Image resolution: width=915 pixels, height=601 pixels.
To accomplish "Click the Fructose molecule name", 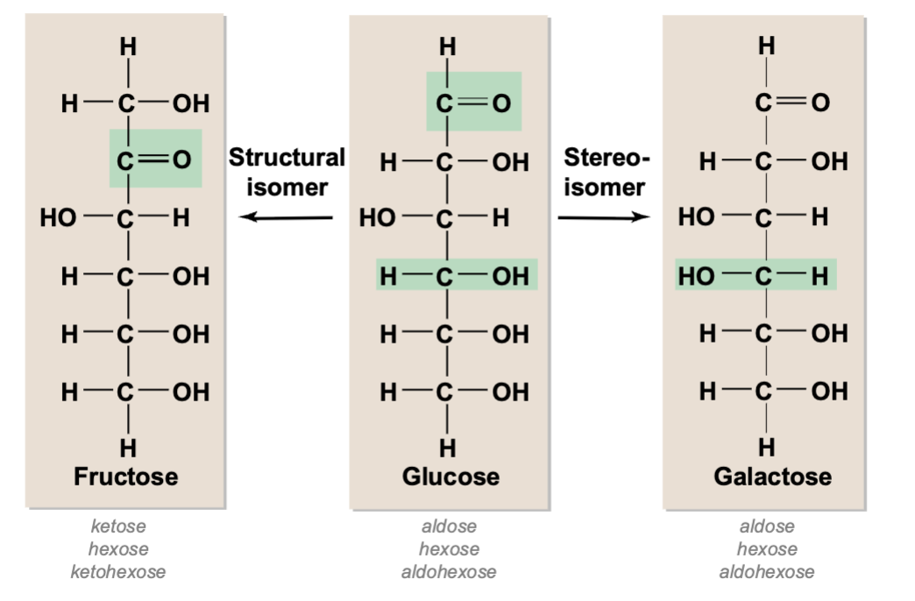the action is [126, 476].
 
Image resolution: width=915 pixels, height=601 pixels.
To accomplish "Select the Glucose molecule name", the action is [450, 476].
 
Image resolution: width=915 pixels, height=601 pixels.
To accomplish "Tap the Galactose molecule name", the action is [773, 476].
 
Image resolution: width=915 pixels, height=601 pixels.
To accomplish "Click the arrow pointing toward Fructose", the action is [287, 217].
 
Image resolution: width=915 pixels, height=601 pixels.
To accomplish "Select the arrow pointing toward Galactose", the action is [603, 217].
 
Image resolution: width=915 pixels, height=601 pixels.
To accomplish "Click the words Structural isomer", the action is [287, 172].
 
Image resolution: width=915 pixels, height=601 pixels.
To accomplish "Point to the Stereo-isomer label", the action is [606, 172].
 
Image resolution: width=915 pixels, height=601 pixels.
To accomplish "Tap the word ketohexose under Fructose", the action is [117, 571].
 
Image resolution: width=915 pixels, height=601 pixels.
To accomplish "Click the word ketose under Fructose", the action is [117, 526].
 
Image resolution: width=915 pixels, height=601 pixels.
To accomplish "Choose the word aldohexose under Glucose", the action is [449, 571].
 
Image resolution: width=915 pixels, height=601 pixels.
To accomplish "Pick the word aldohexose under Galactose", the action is [767, 571].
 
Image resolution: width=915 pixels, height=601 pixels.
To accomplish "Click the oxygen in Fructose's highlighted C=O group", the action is [182, 159].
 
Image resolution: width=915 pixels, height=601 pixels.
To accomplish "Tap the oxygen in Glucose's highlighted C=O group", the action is [502, 103].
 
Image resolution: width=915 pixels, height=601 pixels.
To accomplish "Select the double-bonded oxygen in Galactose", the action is [820, 103].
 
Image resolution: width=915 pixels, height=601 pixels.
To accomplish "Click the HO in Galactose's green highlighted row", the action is [696, 275].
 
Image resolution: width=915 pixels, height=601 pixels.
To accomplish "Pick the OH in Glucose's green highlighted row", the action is [511, 275].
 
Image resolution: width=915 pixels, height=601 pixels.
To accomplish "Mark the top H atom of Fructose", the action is [128, 46].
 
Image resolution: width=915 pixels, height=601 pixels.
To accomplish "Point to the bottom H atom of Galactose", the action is [767, 448].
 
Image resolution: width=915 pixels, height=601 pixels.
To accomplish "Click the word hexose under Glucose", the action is [449, 548].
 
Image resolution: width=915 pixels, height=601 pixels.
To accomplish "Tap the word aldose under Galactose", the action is [767, 526].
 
